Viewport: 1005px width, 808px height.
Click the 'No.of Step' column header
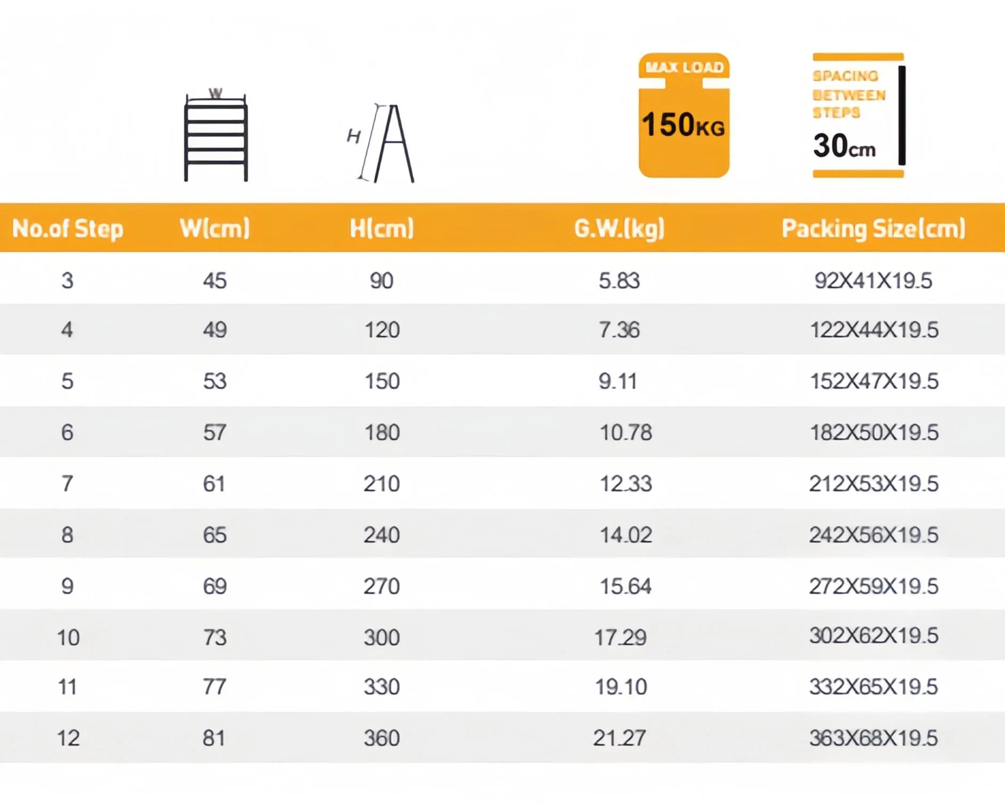[67, 229]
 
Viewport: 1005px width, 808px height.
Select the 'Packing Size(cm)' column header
[873, 229]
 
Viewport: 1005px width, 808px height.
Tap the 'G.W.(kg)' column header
[619, 229]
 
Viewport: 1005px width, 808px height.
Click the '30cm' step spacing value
[844, 145]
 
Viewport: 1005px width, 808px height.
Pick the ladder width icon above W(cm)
[215, 137]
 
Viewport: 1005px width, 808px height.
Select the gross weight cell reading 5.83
[619, 281]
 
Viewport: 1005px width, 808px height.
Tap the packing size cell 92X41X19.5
[873, 281]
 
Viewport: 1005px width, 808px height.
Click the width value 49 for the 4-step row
[215, 330]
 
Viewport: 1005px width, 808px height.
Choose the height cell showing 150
[382, 381]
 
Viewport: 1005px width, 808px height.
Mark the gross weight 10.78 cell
[625, 432]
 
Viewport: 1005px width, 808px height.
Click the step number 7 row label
[67, 484]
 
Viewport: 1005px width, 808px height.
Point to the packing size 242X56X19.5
[873, 535]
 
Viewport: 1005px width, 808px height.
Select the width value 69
[215, 586]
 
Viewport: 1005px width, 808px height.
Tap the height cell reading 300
[382, 638]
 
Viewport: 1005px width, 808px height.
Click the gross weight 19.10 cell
[621, 687]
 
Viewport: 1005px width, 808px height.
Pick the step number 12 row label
[68, 738]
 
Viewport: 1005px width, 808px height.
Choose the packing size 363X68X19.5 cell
[873, 738]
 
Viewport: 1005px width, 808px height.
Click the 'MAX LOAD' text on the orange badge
[684, 67]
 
